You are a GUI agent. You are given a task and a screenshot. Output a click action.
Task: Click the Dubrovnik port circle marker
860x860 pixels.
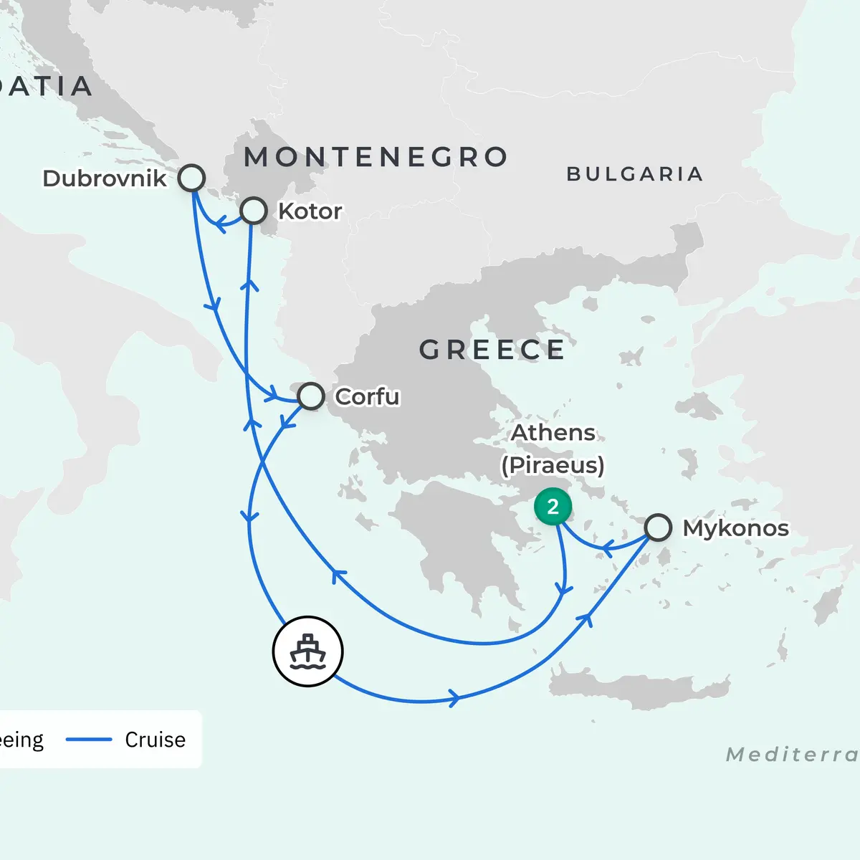click(191, 178)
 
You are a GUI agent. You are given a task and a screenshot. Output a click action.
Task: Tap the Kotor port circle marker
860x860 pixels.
click(254, 211)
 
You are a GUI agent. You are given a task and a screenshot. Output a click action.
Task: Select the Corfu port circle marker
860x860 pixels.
click(310, 396)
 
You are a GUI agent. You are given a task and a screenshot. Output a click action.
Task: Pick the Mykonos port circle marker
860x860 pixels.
click(658, 527)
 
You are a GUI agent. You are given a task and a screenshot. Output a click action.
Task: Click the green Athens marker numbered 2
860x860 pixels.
click(553, 507)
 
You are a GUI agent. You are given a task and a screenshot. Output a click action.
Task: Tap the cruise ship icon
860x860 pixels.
click(308, 651)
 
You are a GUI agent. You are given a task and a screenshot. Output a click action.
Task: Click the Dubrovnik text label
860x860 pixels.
click(105, 178)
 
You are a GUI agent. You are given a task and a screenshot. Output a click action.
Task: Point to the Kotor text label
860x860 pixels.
click(310, 211)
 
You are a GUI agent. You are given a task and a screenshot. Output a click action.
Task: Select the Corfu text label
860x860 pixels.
click(367, 396)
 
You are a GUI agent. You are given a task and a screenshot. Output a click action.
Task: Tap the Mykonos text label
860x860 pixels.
click(735, 528)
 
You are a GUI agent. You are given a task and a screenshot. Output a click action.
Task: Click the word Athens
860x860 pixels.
click(553, 433)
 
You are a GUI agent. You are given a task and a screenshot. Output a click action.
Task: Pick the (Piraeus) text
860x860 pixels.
click(553, 465)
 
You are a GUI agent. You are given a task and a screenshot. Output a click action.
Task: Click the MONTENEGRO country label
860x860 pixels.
click(376, 157)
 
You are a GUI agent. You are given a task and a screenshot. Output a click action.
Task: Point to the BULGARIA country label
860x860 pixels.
click(634, 174)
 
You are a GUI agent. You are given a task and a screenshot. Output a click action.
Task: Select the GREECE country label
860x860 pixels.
click(492, 350)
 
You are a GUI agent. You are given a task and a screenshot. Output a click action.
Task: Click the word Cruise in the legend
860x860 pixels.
click(155, 740)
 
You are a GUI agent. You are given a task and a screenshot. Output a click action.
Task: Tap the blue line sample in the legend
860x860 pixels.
click(89, 740)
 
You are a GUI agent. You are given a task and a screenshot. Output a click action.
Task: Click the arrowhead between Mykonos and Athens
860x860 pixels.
click(606, 550)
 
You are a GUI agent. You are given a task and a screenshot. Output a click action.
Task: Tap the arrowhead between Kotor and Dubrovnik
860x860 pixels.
click(220, 226)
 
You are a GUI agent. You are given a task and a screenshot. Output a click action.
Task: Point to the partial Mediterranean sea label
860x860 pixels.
click(792, 755)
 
